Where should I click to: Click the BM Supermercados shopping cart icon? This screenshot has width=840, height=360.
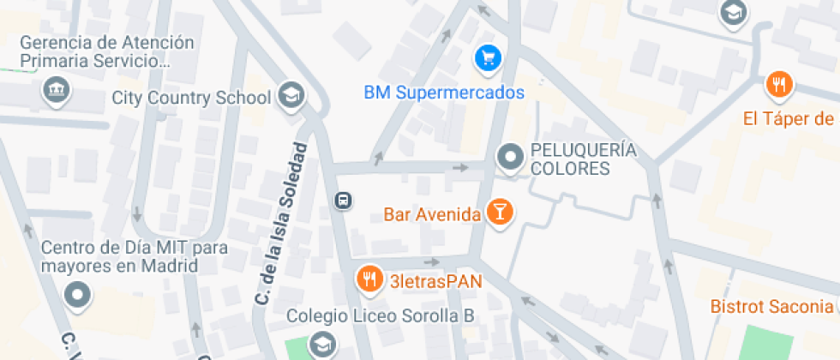tap(488, 58)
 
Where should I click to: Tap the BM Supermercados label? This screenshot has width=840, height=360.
tap(443, 93)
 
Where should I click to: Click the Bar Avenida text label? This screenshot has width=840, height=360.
tap(431, 214)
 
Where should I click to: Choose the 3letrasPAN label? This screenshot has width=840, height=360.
tap(435, 281)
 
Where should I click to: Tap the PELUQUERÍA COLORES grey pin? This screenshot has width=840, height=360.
tap(512, 157)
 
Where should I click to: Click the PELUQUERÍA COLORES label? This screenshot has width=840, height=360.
tap(584, 159)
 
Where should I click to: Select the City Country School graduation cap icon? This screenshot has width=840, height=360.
tap(291, 95)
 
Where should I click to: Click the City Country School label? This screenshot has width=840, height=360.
tap(191, 98)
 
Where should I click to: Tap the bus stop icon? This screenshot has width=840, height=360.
tap(342, 201)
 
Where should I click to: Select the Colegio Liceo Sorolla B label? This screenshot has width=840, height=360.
tap(380, 315)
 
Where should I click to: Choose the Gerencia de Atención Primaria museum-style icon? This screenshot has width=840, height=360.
tap(56, 89)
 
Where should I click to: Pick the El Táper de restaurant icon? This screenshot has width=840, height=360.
tap(779, 85)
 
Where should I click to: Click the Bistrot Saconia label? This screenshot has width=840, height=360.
tap(773, 306)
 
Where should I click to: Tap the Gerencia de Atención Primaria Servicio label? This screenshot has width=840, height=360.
tap(107, 51)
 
